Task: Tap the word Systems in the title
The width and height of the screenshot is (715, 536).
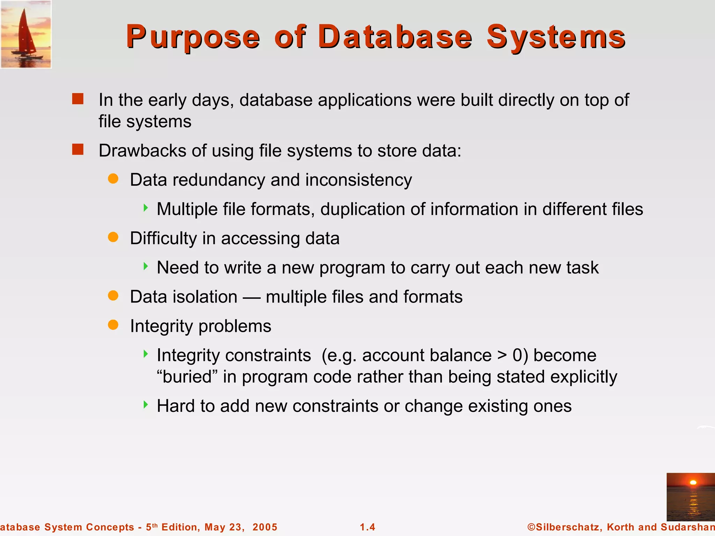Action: pyautogui.click(x=556, y=37)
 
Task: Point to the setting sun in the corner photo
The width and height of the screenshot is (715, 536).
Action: pyautogui.click(x=693, y=483)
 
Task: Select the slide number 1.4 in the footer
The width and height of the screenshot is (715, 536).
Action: pyautogui.click(x=368, y=527)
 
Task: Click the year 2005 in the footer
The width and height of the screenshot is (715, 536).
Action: pyautogui.click(x=265, y=527)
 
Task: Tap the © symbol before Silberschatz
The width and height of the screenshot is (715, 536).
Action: pyautogui.click(x=531, y=527)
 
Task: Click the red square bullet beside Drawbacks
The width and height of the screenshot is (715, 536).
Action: pyautogui.click(x=78, y=149)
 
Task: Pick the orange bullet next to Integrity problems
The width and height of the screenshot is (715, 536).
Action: pyautogui.click(x=113, y=325)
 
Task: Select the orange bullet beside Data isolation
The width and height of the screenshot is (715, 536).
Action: pyautogui.click(x=113, y=296)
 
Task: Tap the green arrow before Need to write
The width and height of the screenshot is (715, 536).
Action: pyautogui.click(x=146, y=267)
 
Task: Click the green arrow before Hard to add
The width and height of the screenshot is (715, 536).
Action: pyautogui.click(x=146, y=405)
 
